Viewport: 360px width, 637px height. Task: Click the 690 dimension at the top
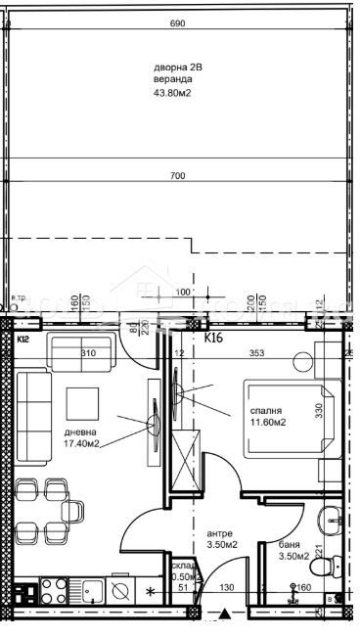(x=178, y=22)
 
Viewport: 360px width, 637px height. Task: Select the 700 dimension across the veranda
(x=178, y=176)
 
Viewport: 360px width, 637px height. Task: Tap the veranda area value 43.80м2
(x=171, y=94)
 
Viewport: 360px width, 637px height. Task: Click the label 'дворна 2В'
(x=177, y=67)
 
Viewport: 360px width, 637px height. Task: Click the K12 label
(x=23, y=339)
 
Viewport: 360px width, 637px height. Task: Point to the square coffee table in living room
(x=82, y=403)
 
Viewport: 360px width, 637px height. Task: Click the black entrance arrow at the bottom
(x=226, y=615)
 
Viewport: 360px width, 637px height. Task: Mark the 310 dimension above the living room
(x=87, y=353)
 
